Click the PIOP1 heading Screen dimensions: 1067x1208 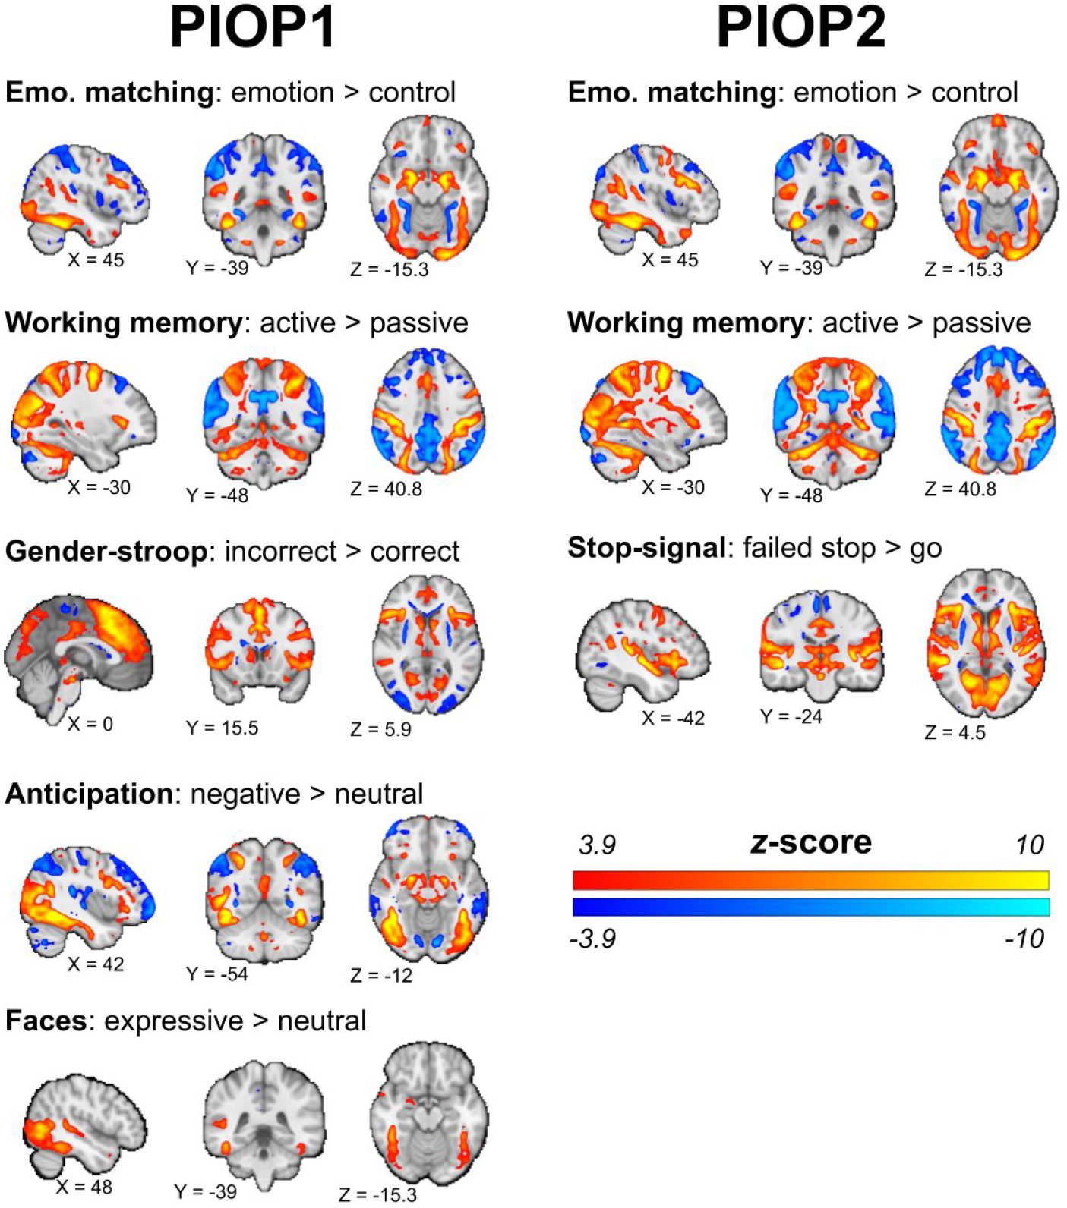point(253,27)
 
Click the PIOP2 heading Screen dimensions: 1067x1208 point(802,27)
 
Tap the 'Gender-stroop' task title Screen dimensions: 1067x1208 point(106,552)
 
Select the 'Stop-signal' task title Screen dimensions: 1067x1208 point(646,547)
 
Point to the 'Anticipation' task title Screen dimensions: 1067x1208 point(89,794)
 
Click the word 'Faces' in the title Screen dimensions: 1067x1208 point(46,1021)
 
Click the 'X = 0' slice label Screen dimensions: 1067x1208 point(90,724)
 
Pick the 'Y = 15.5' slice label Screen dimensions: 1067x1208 point(223,728)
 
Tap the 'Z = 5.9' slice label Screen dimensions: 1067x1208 point(381,729)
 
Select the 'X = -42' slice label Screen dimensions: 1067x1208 point(674,718)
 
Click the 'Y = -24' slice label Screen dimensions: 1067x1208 point(791,716)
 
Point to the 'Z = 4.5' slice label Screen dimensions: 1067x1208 point(955,732)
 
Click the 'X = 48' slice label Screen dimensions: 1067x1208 point(84,1186)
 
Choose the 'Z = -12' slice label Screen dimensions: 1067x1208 point(381,975)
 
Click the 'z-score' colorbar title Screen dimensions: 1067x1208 point(811,842)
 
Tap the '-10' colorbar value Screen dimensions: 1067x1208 point(1024,939)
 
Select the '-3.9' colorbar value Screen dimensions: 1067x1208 point(592,939)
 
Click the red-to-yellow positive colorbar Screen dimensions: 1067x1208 point(811,880)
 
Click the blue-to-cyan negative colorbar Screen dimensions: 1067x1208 point(811,908)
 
